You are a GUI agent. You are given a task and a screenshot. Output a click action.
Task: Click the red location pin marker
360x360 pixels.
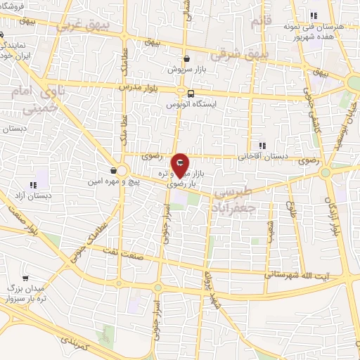[x=180, y=166]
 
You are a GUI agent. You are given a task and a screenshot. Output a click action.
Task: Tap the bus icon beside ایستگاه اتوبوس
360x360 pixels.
[x=191, y=93]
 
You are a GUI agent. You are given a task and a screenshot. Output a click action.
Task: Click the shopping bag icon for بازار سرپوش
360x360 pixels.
[x=186, y=59]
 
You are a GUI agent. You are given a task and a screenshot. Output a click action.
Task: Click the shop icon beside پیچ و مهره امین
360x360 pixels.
[x=113, y=170]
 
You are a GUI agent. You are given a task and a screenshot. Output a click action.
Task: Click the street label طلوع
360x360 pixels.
[x=290, y=210]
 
